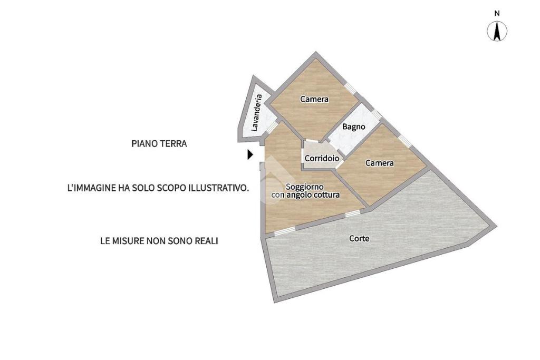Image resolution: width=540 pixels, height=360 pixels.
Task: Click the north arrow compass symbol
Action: (497, 31)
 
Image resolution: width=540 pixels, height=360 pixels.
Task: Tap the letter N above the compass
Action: (497, 13)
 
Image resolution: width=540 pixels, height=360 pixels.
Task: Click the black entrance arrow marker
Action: (250, 154)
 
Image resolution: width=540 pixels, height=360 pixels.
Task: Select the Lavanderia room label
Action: (256, 112)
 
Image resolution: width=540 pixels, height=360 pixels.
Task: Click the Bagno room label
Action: (353, 127)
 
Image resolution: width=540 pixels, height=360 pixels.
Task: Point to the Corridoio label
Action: (321, 158)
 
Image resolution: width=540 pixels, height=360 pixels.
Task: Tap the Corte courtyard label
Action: (359, 238)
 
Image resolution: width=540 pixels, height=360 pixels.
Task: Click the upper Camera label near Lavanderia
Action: (314, 99)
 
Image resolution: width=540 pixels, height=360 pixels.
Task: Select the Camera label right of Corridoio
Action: (380, 163)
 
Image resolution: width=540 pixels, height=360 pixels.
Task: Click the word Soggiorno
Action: (305, 186)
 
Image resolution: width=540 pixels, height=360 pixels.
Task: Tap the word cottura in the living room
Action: (325, 195)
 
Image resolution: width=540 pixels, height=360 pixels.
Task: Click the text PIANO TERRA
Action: (159, 143)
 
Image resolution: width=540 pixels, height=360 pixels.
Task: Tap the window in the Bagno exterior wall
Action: (375, 114)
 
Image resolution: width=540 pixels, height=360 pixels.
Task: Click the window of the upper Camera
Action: (350, 88)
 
